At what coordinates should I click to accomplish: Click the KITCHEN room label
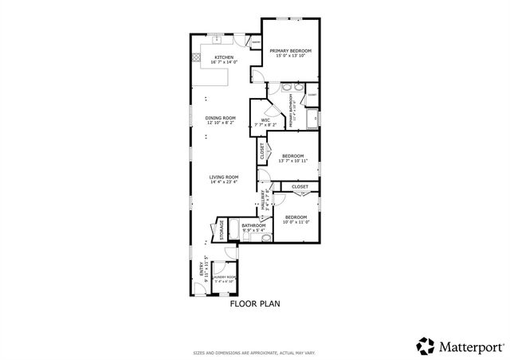point(223,57)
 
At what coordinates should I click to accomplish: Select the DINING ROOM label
point(221,118)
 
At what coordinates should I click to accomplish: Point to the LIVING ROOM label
point(224,177)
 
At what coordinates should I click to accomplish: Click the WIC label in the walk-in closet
point(265,120)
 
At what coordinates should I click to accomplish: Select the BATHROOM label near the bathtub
point(253,225)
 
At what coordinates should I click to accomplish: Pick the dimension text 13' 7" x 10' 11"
point(292,161)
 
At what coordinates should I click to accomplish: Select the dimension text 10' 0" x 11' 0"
point(296,222)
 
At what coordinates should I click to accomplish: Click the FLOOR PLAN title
point(255,303)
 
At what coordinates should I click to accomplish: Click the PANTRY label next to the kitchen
point(256,43)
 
